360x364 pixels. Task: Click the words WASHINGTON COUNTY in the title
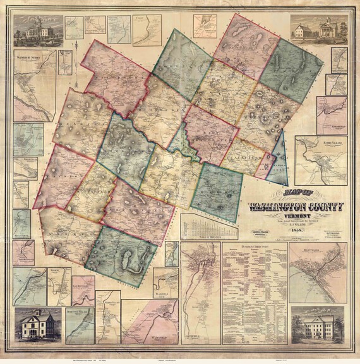tap(296, 207)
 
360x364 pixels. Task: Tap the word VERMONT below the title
tap(296, 215)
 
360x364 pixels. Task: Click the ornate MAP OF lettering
tap(285, 195)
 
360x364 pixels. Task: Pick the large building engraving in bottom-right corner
tap(321, 327)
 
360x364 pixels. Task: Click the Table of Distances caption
tap(200, 234)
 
